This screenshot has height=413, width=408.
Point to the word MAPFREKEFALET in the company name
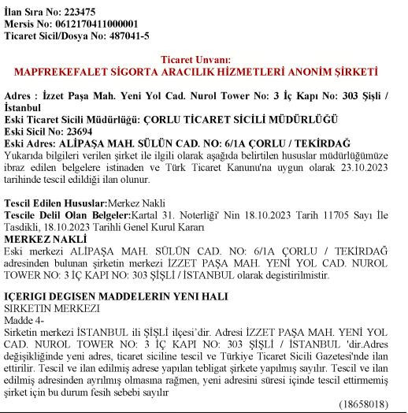pyautogui.click(x=69, y=72)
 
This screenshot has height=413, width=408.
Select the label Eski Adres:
pyautogui.click(x=30, y=144)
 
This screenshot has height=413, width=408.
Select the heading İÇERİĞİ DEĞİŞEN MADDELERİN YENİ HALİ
pyautogui.click(x=116, y=296)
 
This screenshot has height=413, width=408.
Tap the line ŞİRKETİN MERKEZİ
pyautogui.click(x=52, y=308)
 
